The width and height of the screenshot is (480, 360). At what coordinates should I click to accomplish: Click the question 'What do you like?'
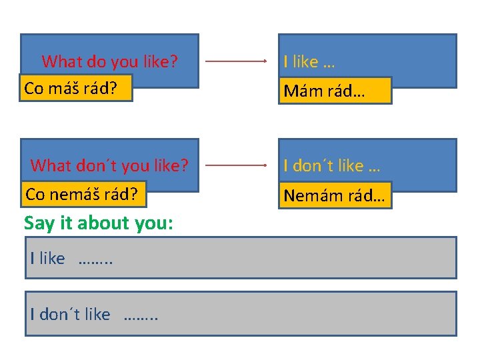pos(109,62)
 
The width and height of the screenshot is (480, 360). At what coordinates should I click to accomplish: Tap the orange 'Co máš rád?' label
pos(77,87)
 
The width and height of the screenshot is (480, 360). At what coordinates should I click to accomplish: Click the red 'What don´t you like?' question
pos(109,165)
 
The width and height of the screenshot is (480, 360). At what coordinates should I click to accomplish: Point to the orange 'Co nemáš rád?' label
pos(81,194)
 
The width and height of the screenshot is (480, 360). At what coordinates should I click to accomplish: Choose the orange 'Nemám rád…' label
pos(335,195)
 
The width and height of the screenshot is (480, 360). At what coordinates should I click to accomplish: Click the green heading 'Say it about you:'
pos(99,223)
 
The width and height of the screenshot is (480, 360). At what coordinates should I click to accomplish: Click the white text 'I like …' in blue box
pos(309,62)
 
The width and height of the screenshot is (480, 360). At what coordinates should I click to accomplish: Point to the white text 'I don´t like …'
pos(331,165)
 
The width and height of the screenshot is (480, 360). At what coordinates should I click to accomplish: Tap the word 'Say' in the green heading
pos(38,223)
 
